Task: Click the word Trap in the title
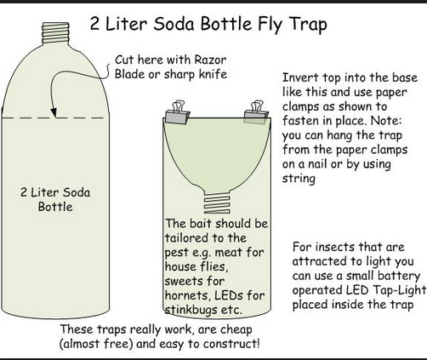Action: pos(308,24)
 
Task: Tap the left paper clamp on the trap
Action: pos(178,113)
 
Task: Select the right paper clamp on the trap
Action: pos(256,112)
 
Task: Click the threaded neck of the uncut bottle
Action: pos(56,34)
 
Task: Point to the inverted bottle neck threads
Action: pos(217,203)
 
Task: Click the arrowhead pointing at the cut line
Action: pos(54,112)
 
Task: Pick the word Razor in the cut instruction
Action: pos(210,60)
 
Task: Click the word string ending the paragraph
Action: pos(299,179)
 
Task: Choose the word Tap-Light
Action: pos(400,290)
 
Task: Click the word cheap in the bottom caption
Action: pos(236,330)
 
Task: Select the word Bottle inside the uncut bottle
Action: pos(55,207)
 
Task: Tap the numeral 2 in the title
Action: pos(95,24)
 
